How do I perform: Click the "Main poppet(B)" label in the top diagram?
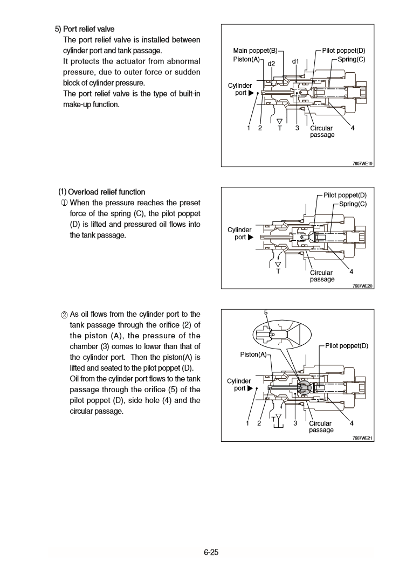click(x=255, y=51)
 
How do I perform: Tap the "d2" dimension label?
click(x=272, y=64)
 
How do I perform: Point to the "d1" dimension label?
click(x=295, y=61)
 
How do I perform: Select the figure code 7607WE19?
click(x=363, y=163)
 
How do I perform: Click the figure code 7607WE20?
click(x=363, y=286)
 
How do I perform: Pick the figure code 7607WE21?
click(x=363, y=438)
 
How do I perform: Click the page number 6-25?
click(x=211, y=552)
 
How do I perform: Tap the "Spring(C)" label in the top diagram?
click(x=352, y=59)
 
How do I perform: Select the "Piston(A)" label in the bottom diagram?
click(x=254, y=354)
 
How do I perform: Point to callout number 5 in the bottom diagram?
click(x=265, y=312)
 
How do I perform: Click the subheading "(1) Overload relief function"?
click(x=101, y=192)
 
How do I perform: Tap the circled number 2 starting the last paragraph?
click(x=64, y=315)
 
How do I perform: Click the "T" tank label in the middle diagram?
click(x=278, y=272)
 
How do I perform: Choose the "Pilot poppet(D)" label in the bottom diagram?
click(x=347, y=346)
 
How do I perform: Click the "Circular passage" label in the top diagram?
click(x=322, y=131)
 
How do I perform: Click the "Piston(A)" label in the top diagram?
click(x=246, y=59)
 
